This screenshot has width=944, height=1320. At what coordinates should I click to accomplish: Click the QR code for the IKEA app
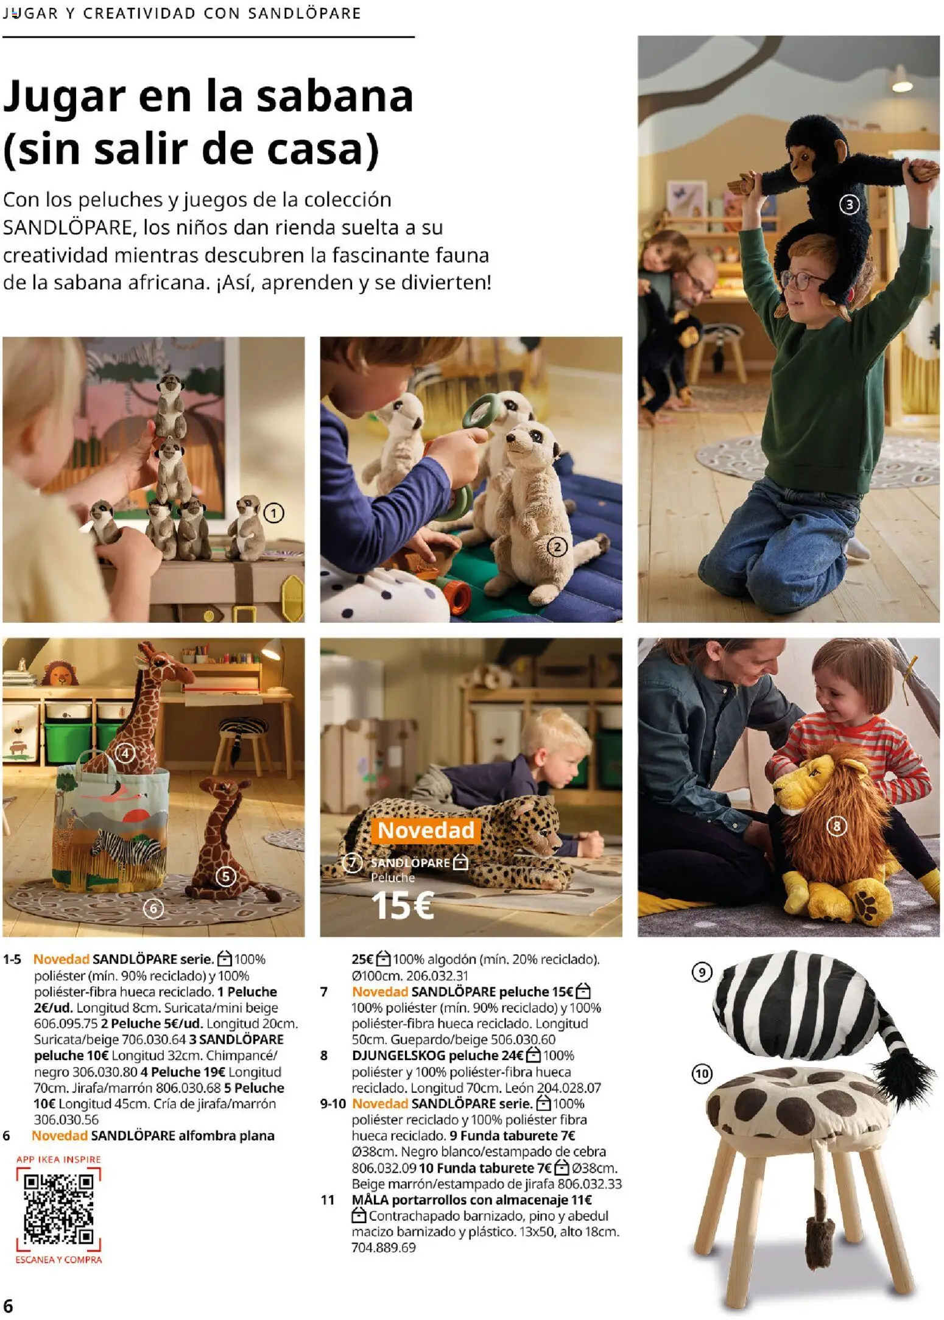coord(58,1208)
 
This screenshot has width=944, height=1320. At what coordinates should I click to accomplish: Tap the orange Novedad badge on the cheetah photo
coord(425,830)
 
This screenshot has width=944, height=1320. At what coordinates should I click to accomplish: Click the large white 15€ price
coord(402,905)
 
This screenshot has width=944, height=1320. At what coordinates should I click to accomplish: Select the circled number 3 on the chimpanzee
coord(849,205)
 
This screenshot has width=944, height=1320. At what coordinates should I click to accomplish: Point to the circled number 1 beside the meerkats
coord(273,513)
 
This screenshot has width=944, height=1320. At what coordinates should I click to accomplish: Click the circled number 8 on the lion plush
coord(836,826)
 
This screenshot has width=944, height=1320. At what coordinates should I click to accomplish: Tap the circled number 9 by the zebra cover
coord(702,972)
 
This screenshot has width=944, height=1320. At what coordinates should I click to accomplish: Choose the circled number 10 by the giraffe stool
coord(702,1073)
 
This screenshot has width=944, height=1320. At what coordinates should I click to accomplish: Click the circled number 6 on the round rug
coord(153,908)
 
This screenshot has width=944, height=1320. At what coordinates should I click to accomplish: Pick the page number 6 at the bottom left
coord(8,1306)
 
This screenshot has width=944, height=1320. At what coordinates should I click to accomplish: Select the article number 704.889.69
coord(384,1248)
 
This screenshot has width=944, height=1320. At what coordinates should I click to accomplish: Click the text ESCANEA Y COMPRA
coord(58,1259)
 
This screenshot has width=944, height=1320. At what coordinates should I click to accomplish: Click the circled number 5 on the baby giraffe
coord(226,876)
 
